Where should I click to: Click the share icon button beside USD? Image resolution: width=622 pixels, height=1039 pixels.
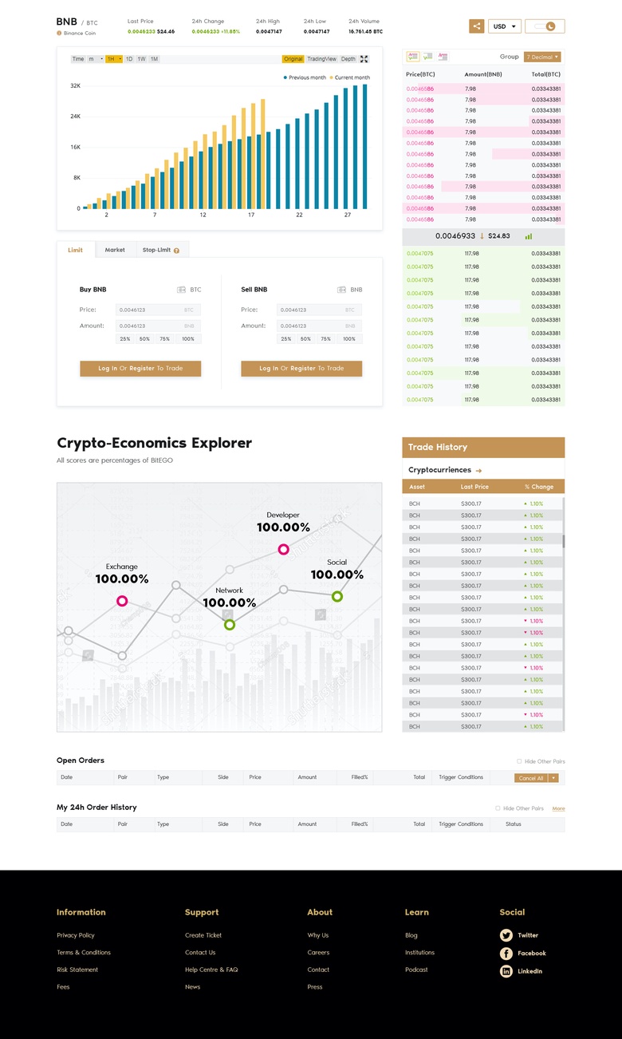click(x=476, y=26)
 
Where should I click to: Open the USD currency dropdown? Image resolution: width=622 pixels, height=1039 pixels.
click(x=504, y=26)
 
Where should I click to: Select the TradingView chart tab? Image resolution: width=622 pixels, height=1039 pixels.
click(x=321, y=59)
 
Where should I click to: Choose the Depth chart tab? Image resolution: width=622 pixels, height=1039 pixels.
click(x=348, y=59)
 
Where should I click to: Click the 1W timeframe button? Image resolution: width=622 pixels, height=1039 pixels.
click(x=141, y=59)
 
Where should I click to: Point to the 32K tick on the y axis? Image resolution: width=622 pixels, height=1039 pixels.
click(x=75, y=85)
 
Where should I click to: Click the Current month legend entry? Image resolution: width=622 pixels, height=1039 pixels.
click(x=351, y=77)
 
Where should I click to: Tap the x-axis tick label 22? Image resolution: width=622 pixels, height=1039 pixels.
click(x=299, y=215)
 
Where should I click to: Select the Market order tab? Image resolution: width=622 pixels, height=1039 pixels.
click(x=115, y=250)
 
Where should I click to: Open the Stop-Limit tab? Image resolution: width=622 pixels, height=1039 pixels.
click(x=160, y=250)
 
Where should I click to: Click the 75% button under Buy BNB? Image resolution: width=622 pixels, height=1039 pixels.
click(x=164, y=339)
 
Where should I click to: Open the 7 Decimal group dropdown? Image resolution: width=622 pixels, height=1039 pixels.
click(x=542, y=57)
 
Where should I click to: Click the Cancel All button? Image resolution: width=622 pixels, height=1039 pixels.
click(x=531, y=777)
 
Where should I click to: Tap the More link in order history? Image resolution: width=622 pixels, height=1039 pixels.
click(x=558, y=808)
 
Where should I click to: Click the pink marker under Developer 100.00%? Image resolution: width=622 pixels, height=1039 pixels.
click(x=283, y=549)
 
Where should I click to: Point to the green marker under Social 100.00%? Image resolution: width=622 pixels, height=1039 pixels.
click(x=337, y=596)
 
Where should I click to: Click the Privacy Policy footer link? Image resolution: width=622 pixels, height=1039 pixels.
click(x=76, y=935)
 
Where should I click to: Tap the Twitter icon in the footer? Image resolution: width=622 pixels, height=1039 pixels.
click(x=506, y=935)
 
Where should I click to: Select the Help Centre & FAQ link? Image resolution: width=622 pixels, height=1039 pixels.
click(x=211, y=970)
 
